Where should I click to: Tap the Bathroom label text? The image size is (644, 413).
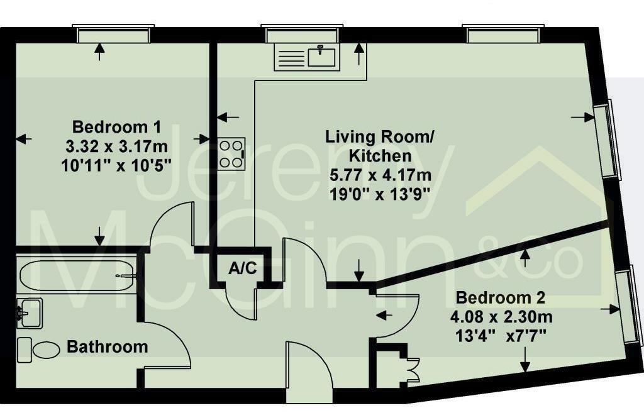pos(108,346)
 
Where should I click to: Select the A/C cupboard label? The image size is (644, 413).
pos(242,268)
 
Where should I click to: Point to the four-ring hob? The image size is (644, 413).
pos(231,153)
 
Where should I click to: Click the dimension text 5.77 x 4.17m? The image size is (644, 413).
pos(379,174)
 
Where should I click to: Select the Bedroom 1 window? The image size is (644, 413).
pos(113,34)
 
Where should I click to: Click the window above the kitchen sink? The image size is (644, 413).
pos(302,34)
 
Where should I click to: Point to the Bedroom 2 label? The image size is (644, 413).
pos(501,297)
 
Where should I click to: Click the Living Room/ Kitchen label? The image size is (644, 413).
pos(379,145)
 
